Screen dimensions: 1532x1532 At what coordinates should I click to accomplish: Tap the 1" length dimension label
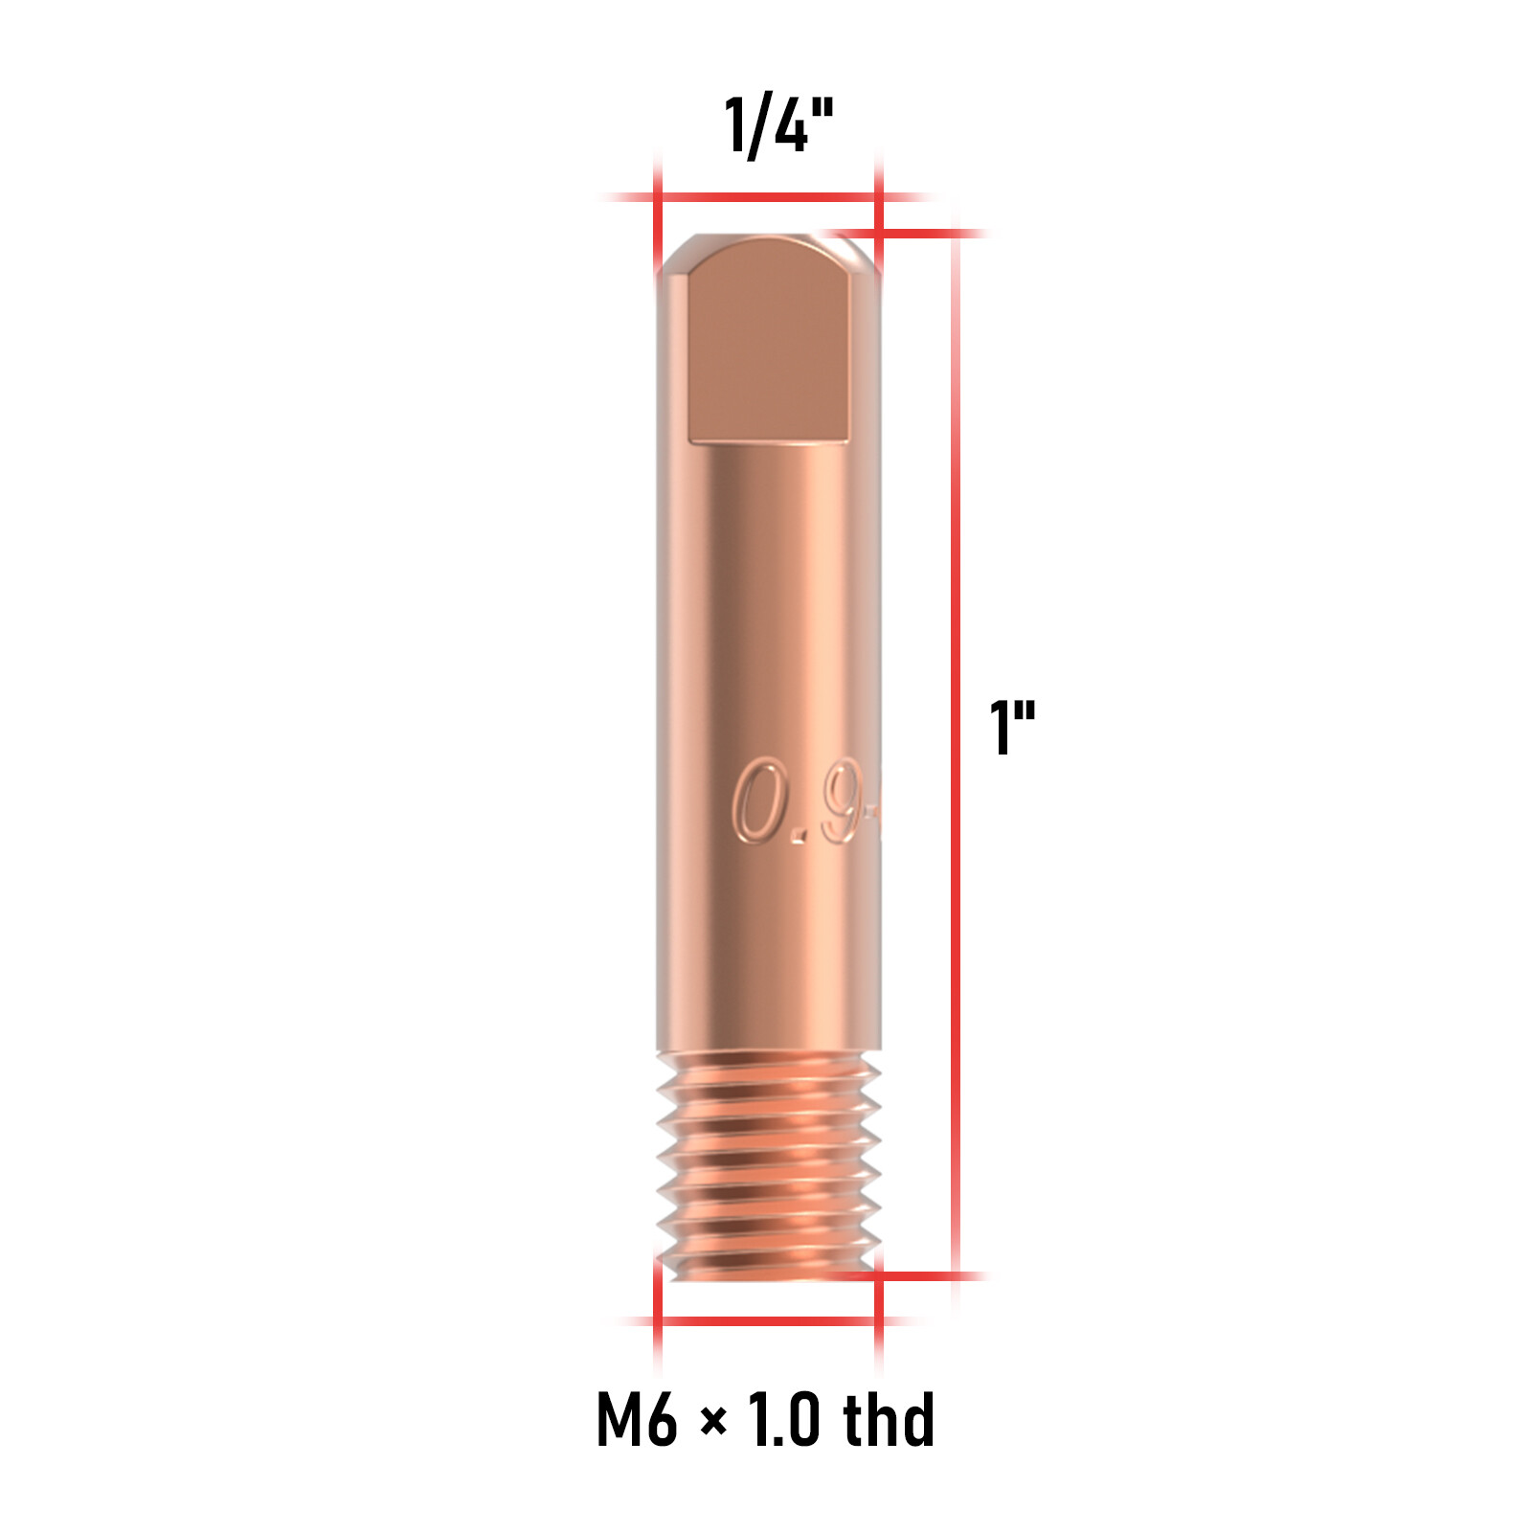tap(1011, 727)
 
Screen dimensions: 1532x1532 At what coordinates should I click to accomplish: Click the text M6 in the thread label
tap(636, 1419)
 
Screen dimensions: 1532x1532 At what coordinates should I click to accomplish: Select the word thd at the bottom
tap(888, 1419)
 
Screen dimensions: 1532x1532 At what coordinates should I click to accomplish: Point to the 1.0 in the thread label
tap(783, 1419)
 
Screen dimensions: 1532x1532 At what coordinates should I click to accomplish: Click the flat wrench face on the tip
tap(769, 345)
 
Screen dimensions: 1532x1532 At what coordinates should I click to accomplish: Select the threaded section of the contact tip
tap(769, 1163)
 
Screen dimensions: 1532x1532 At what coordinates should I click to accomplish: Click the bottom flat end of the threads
tap(769, 1274)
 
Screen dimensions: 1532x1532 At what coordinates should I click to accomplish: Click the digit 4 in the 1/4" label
tap(789, 125)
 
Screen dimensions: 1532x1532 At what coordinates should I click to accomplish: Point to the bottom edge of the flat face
tap(769, 441)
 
